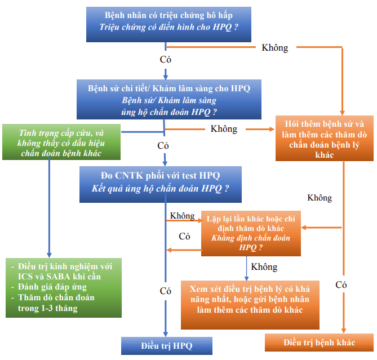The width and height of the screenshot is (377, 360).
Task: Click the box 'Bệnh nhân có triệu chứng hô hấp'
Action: tap(168, 25)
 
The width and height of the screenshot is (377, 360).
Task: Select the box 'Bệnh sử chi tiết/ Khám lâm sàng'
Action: tap(169, 100)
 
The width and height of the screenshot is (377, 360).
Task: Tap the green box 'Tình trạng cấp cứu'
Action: tap(61, 142)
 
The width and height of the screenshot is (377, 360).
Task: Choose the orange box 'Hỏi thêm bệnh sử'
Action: tap(325, 139)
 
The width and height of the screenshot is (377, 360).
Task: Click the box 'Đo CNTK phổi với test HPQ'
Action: tap(161, 185)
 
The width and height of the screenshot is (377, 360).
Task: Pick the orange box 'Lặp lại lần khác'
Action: tap(251, 233)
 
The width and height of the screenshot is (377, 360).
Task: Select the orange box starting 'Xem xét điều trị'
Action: tap(250, 305)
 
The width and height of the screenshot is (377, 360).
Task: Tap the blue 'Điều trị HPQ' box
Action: tap(167, 346)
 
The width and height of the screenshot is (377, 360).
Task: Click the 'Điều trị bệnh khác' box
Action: tap(319, 343)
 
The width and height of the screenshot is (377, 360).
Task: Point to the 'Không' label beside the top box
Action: tap(275, 47)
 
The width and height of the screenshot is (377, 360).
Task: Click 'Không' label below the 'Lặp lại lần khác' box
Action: tap(264, 266)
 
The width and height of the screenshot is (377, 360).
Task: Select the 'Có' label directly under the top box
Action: tap(166, 59)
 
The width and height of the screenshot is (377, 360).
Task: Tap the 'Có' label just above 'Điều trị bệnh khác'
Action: tap(341, 285)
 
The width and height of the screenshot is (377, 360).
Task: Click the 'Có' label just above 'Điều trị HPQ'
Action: tap(166, 291)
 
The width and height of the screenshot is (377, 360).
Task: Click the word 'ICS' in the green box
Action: tap(25, 277)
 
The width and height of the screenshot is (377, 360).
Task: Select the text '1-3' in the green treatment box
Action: tap(47, 308)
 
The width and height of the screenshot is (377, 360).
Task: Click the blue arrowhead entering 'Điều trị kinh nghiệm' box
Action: tap(49, 255)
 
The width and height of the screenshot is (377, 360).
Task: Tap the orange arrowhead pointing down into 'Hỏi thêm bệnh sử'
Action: tap(343, 113)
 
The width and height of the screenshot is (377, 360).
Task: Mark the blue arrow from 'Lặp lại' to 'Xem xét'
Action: tap(246, 268)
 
